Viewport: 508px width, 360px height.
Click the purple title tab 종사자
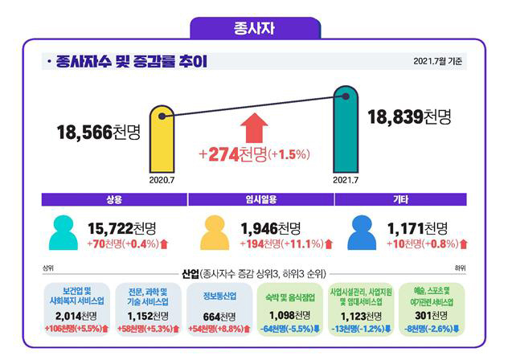click(x=254, y=27)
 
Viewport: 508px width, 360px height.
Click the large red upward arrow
click(x=254, y=128)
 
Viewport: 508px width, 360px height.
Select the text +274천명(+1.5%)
click(x=254, y=153)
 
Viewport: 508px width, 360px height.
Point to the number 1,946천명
click(x=271, y=228)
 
